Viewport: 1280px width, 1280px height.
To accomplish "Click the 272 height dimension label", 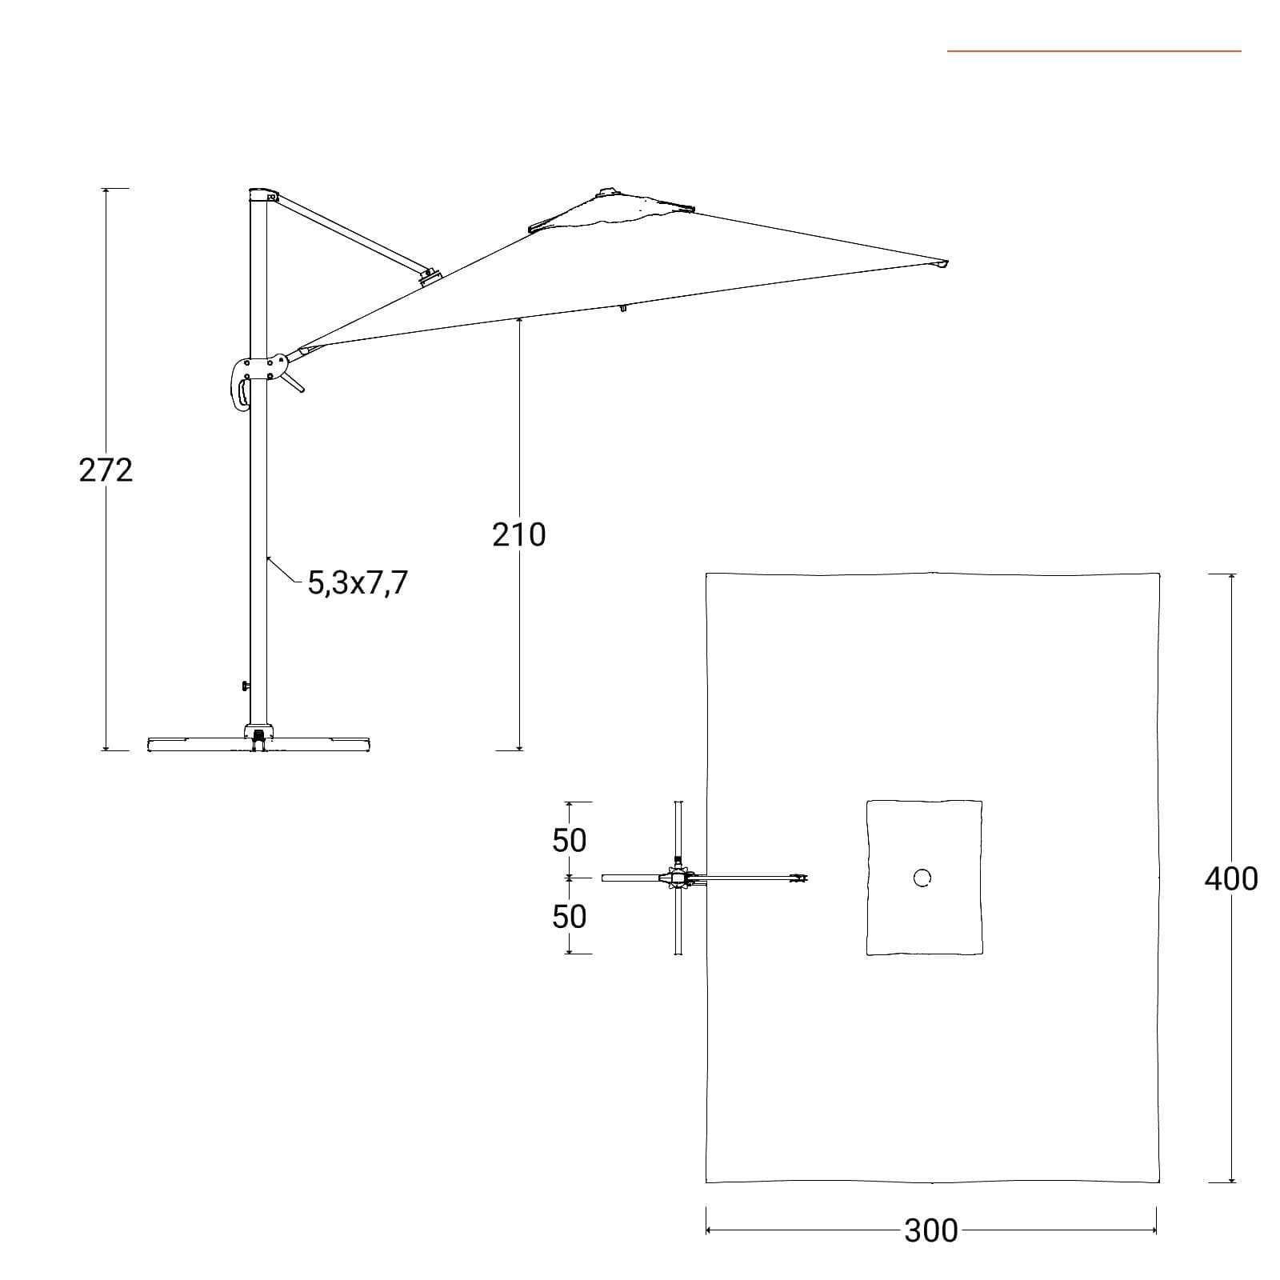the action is point(106,470).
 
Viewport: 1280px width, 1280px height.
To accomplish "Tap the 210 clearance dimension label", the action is point(519,535).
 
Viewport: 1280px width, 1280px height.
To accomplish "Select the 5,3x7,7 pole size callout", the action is point(358,583).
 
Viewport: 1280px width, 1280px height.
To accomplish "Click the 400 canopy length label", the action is point(1231,879).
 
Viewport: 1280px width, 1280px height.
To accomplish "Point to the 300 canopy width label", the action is point(931,1230).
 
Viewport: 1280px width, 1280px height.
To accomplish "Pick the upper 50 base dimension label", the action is point(569,840).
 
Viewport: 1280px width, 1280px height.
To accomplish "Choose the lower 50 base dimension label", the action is point(569,916).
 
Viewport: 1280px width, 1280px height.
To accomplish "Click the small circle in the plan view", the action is point(922,878).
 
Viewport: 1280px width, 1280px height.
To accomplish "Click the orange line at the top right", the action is point(1094,51).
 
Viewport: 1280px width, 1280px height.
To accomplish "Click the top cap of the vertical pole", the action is point(262,194).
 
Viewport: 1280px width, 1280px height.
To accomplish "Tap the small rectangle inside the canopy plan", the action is point(924,878).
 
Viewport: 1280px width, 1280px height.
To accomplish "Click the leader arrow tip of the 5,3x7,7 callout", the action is point(267,557).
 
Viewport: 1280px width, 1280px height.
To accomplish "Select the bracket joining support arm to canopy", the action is point(430,276).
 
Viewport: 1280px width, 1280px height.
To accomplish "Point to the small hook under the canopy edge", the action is point(623,307).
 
